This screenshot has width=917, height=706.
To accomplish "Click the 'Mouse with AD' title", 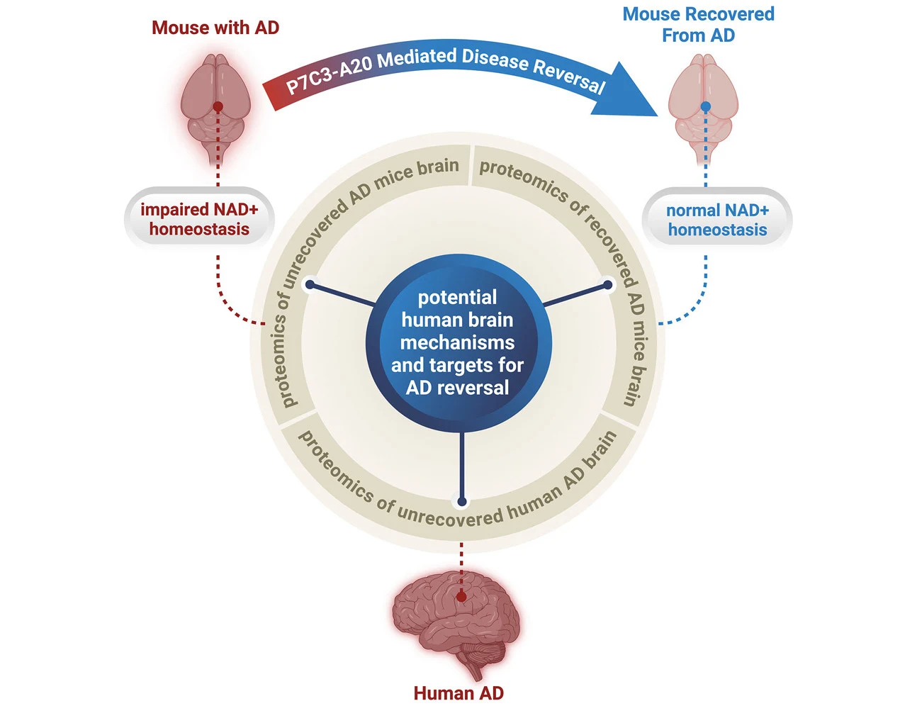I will [x=215, y=28].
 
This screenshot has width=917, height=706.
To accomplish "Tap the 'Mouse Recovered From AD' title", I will [x=698, y=25].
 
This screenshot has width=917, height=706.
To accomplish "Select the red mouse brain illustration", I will [x=215, y=106].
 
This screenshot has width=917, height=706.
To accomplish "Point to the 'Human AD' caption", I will [x=458, y=693].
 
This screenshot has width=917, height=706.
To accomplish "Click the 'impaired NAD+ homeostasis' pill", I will [x=199, y=219].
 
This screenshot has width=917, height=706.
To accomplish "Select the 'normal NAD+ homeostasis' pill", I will [x=717, y=220].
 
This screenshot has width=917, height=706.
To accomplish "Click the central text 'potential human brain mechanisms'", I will [x=458, y=320].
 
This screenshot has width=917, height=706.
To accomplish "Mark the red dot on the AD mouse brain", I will [x=218, y=106].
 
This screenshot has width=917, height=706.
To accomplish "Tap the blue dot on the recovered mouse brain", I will [x=705, y=107].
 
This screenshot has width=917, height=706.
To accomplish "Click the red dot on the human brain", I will [x=462, y=597].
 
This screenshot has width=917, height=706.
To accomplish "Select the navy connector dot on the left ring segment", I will [x=310, y=285].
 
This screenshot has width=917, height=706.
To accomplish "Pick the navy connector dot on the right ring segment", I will [x=607, y=285].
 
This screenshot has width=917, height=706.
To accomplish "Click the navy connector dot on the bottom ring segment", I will [x=462, y=502].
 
